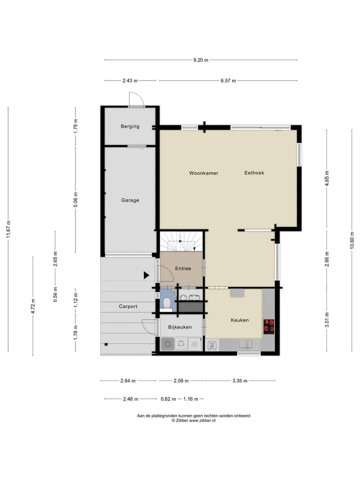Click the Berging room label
[130, 126]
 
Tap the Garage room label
[130, 200]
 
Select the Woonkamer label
[203, 173]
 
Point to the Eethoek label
[254, 172]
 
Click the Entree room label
[183, 268]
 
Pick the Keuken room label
[239, 320]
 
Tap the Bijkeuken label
[180, 327]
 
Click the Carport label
[128, 306]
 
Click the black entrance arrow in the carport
[146, 275]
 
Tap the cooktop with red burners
[269, 326]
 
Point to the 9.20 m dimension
[201, 60]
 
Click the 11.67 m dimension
[8, 229]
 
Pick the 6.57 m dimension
[228, 81]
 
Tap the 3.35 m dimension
[239, 381]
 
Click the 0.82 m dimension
[168, 399]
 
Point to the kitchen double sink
[246, 344]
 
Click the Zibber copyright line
[193, 420]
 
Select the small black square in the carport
[106, 344]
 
